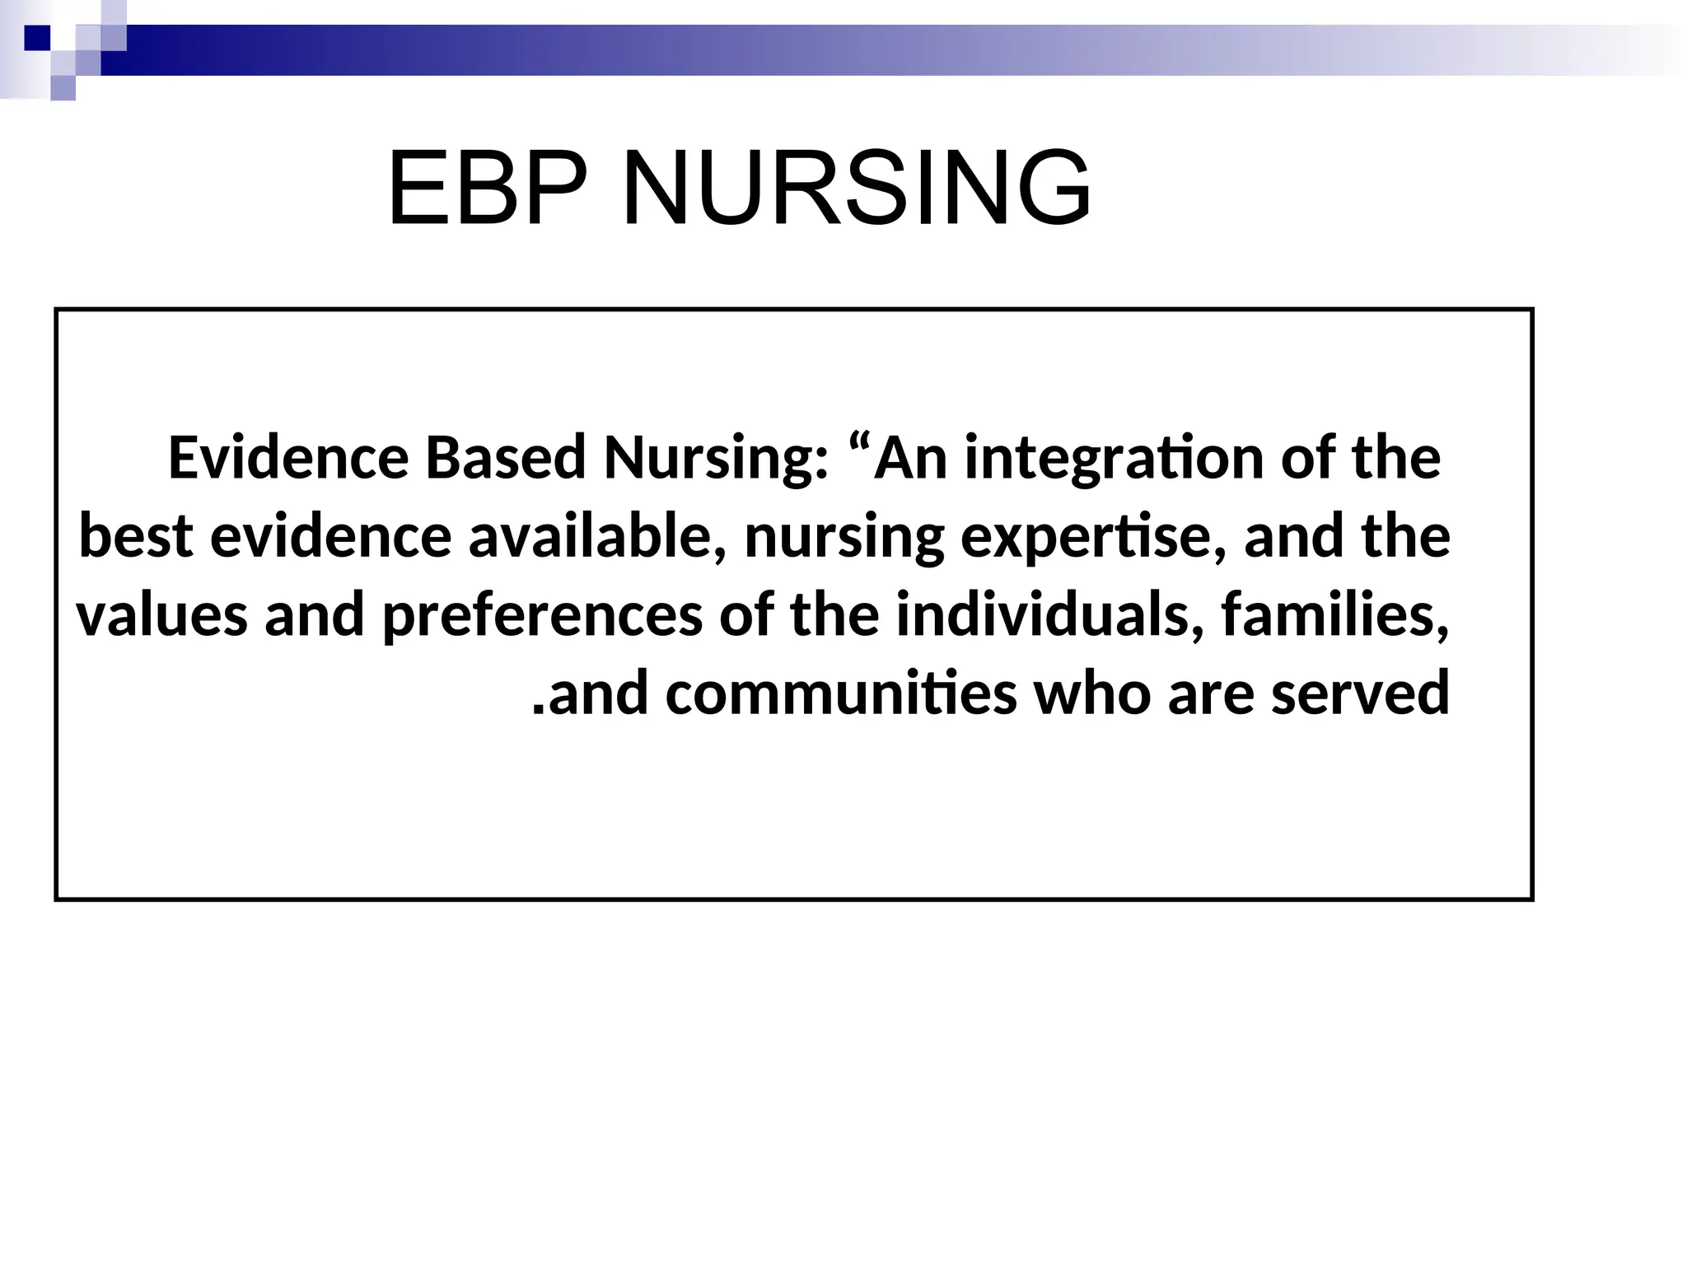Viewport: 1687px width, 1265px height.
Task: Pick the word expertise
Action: (1092, 538)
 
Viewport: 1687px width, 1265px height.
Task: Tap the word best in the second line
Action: (136, 536)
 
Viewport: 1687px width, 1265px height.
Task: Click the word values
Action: (161, 615)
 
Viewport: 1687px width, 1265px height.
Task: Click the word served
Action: (1360, 693)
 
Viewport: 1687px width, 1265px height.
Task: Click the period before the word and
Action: (539, 708)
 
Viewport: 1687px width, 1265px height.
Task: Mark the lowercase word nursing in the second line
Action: (843, 538)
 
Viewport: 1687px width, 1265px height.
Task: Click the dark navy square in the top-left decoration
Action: (38, 38)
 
